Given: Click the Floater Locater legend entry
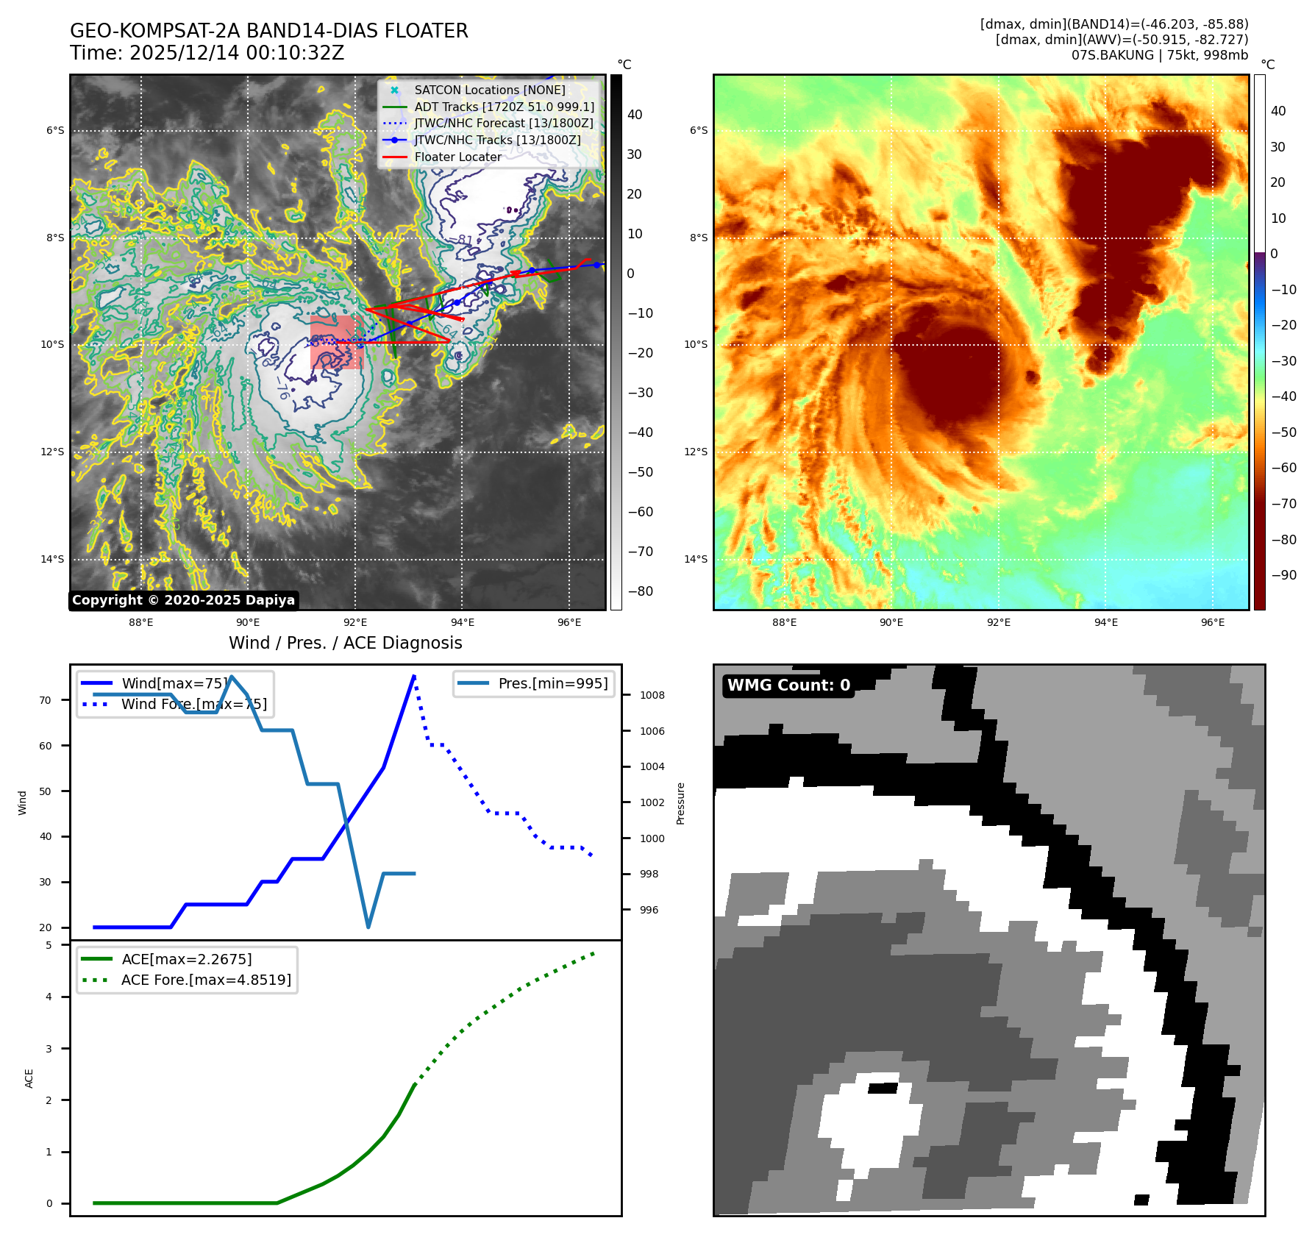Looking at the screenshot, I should pos(457,157).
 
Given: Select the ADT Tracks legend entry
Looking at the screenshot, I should pos(504,107).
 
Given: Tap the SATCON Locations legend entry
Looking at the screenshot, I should pos(489,90).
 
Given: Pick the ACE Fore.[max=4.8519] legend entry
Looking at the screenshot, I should pos(206,980).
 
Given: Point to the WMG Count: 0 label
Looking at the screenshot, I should pos(788,685).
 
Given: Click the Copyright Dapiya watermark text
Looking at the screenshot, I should pos(183,600).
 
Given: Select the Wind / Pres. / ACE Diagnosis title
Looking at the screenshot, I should pos(346,643).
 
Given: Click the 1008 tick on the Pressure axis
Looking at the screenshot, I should pos(652,695).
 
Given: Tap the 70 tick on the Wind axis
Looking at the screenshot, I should pos(46,700).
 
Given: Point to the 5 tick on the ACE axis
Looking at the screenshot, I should pos(49,945).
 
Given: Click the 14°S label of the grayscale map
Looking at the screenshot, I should pos(52,559).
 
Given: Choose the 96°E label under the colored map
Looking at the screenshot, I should pos(1213,622).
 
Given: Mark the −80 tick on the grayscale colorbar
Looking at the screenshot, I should pos(640,591).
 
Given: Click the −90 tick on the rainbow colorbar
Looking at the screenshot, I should pos(1283,575).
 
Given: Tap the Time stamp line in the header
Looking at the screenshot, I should pos(207,53).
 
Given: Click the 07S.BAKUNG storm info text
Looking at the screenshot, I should pos(1159,55).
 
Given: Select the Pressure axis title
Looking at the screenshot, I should pos(680,803).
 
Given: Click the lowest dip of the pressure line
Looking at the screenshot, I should pos(368,927).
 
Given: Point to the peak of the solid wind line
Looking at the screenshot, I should pos(415,676).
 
